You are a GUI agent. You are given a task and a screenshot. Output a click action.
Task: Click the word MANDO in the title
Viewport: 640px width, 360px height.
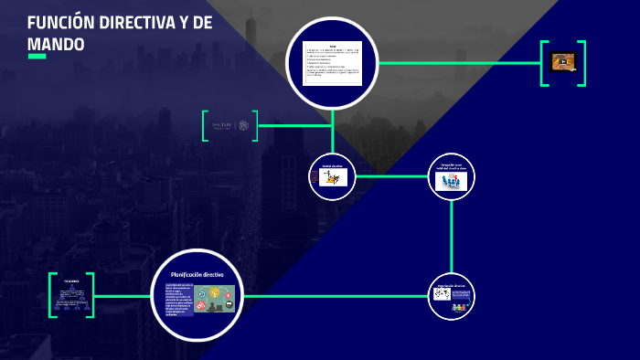56,44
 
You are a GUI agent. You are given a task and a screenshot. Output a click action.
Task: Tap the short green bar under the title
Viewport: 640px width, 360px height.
37,57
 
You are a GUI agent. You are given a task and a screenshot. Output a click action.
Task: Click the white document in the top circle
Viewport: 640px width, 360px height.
333,63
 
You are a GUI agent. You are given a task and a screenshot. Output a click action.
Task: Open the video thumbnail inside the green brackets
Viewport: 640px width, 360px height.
563,62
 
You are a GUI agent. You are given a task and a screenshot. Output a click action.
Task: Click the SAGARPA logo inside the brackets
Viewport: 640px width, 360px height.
229,125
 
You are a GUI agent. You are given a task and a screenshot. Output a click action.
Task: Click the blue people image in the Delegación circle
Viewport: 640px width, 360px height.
452,181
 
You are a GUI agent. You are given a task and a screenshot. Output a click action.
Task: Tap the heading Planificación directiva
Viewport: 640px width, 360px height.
197,273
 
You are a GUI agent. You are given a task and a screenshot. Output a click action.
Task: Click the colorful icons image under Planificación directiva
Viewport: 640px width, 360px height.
213,299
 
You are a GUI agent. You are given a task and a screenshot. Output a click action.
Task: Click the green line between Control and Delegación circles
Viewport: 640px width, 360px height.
391,176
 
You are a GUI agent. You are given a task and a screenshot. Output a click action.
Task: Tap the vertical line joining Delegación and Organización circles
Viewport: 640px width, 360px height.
452,237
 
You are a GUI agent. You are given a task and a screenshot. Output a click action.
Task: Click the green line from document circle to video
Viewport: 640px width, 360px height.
457,63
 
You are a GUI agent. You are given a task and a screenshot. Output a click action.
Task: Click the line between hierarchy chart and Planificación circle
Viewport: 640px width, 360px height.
122,296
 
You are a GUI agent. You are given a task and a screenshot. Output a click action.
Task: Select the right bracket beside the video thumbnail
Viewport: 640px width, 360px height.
582,63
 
